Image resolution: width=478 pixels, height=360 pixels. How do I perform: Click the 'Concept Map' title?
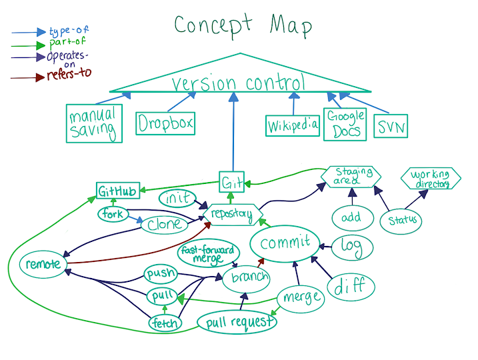243,26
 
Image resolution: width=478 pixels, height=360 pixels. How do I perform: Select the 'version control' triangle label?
239,83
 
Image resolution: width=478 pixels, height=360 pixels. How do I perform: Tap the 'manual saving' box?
94,123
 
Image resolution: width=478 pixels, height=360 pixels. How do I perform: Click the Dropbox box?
165,123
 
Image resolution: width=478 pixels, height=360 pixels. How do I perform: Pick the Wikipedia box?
293,125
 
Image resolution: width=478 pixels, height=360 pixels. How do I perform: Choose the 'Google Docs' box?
345,123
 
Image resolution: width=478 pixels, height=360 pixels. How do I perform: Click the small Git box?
231,181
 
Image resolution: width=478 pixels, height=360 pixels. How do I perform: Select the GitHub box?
118,192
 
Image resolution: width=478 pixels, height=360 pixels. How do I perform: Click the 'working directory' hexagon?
431,179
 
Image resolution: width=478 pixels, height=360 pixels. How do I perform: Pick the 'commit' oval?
285,243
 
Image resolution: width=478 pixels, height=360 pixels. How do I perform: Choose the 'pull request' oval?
237,323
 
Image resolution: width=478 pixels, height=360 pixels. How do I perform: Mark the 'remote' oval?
43,264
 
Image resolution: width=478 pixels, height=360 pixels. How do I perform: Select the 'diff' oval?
351,287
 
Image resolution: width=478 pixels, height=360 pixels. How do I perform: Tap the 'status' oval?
401,221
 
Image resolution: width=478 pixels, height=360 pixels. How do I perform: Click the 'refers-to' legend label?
69,76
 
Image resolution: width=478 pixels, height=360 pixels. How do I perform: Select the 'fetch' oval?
165,324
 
